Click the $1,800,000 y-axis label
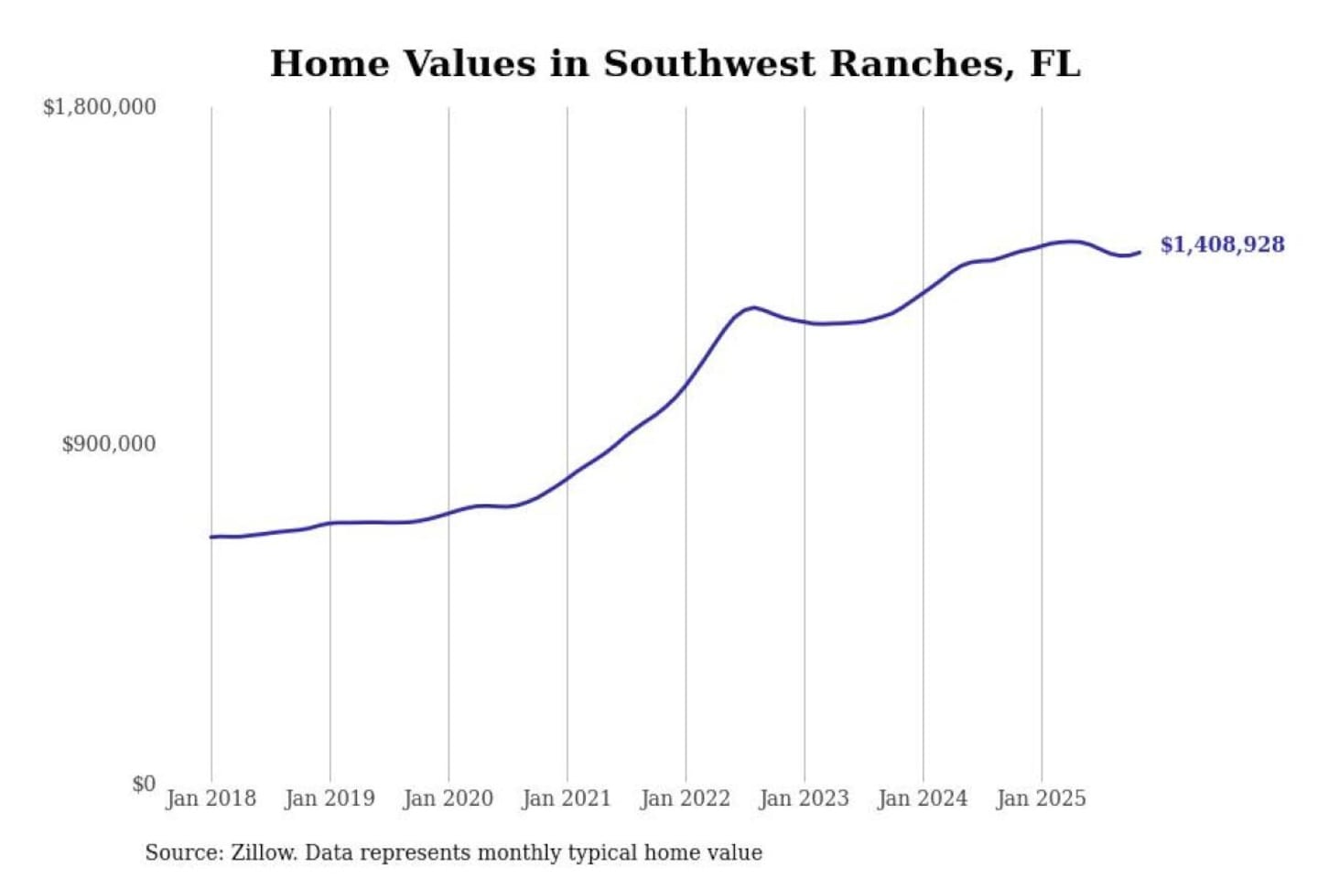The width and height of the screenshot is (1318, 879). pos(99,107)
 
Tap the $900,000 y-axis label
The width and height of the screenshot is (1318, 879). pos(108,444)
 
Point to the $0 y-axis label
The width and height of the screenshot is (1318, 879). pos(143,784)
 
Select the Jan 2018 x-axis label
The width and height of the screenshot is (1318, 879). pos(211,798)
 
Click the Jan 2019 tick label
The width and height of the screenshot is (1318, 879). pos(329,798)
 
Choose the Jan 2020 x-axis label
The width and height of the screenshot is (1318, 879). pos(448,798)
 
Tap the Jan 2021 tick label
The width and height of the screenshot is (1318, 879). pos(566,798)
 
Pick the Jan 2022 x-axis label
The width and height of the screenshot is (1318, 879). pos(685,798)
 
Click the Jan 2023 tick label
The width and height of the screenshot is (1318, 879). pos(804,798)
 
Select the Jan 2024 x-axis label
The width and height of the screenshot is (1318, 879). pos(922,798)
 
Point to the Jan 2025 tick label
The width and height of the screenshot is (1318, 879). pos(1041,798)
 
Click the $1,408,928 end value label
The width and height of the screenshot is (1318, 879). pos(1222,244)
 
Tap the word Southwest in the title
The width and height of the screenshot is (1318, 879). pos(708,64)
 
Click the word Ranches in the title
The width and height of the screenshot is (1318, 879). pos(923,64)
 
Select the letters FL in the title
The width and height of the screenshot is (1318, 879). pos(1054,64)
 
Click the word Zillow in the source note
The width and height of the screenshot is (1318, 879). pos(263,852)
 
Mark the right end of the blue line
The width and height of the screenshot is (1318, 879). pos(1140,252)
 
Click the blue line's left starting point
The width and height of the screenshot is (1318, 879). pos(211,537)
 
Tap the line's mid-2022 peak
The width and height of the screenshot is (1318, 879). pos(752,308)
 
